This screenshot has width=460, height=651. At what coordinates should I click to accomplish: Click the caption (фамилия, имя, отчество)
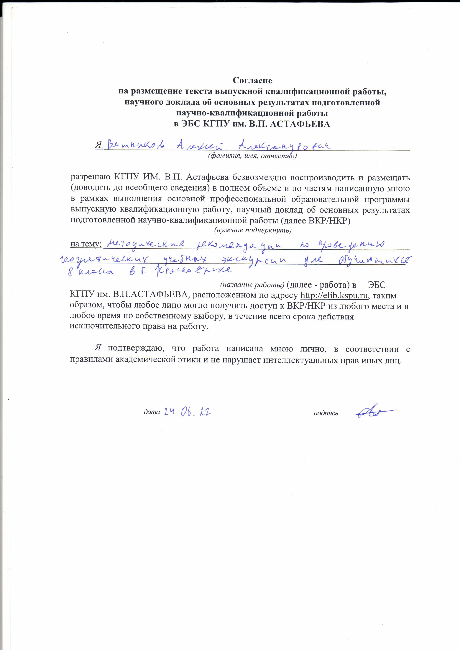pos(252,156)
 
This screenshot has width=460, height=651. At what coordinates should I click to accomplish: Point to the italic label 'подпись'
pos(326,413)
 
